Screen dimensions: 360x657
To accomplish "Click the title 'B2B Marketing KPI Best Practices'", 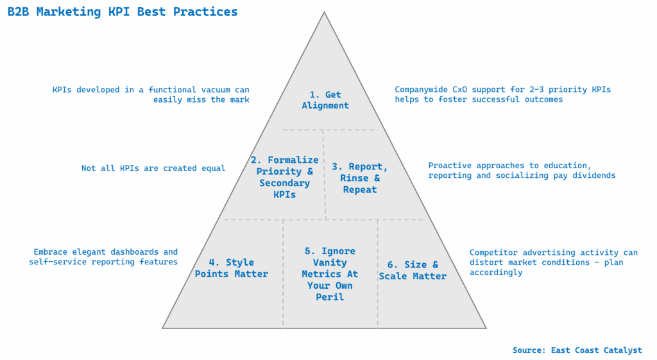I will click(x=122, y=12).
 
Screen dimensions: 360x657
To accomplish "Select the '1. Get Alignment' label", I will click(x=325, y=100).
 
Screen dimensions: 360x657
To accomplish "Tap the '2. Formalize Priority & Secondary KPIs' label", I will click(x=284, y=177).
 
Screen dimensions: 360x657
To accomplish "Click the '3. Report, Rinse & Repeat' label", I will click(x=359, y=178).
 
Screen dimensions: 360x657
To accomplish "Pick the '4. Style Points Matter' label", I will click(x=231, y=268).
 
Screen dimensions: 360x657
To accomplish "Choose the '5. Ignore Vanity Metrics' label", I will click(x=330, y=274).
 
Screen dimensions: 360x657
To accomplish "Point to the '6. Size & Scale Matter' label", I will click(x=413, y=270).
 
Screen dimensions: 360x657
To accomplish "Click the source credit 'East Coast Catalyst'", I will click(x=577, y=350).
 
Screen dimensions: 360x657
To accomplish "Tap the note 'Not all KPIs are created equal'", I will click(x=153, y=168).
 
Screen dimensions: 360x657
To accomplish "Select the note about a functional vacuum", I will click(x=151, y=95).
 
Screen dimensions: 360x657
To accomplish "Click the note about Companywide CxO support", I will click(x=502, y=95).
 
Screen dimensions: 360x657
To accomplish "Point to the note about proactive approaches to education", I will click(x=522, y=171).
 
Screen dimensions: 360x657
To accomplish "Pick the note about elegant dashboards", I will click(x=104, y=257).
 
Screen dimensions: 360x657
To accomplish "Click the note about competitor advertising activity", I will click(x=552, y=262).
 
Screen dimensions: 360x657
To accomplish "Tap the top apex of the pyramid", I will click(x=324, y=12).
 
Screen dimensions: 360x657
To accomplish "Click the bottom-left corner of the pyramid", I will click(x=163, y=328).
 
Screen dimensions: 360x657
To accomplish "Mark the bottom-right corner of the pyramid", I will click(x=486, y=328).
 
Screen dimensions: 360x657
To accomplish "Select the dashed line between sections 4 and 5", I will click(x=283, y=273).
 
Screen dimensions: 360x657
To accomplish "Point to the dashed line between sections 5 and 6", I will click(x=377, y=273).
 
